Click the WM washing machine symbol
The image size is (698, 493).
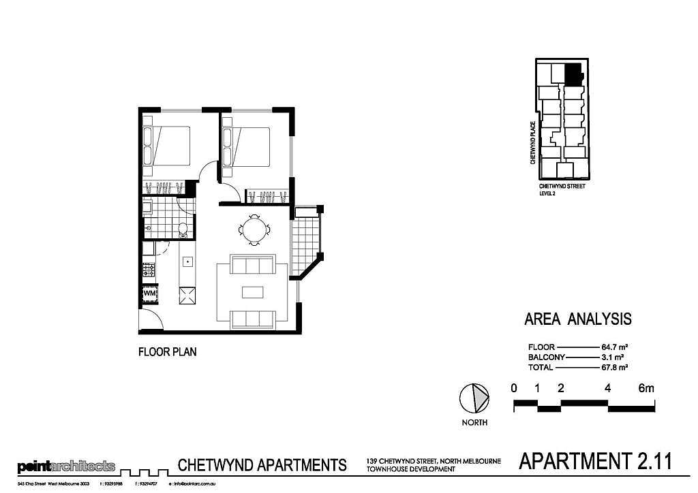(x=150, y=293)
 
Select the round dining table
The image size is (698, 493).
(x=254, y=229)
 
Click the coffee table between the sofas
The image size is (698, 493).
(x=253, y=291)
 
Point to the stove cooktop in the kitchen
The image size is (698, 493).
(x=149, y=270)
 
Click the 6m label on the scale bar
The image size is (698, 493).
(x=646, y=388)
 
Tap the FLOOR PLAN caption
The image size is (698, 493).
(x=168, y=353)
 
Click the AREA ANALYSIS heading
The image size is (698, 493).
(x=577, y=319)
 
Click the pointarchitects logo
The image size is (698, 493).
(x=66, y=467)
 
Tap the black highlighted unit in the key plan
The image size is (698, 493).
(x=573, y=74)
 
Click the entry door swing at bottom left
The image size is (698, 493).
(x=150, y=320)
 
